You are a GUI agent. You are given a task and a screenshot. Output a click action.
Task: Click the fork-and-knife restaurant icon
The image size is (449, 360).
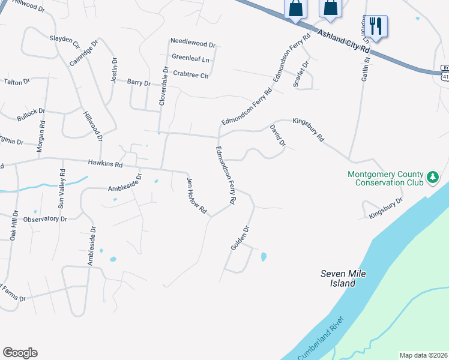point(376,26)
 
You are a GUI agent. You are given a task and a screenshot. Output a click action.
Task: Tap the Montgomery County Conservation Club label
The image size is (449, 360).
point(385,179)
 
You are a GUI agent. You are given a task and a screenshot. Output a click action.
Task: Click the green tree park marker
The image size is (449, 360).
point(432,177)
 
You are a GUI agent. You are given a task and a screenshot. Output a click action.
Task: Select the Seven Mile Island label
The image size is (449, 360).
point(343,278)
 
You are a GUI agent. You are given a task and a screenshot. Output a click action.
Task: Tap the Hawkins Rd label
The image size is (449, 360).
point(105,163)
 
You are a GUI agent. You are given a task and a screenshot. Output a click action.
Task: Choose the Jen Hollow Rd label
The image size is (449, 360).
point(196,196)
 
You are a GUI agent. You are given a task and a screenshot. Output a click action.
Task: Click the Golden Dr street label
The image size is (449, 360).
point(240,238)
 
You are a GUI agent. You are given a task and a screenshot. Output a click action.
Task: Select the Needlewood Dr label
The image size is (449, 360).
point(193,44)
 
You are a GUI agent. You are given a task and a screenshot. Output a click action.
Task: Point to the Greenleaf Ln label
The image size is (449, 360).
point(190,59)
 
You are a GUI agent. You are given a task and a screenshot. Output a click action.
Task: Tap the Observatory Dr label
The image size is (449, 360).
point(46,219)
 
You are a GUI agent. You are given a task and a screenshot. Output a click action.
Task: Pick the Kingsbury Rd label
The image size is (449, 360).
point(308,129)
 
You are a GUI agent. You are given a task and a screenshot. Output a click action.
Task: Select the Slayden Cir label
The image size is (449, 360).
point(64,40)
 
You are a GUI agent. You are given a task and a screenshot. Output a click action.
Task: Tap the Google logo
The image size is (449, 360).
point(20,353)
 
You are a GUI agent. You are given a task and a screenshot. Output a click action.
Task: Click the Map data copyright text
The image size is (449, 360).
point(424,355)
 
